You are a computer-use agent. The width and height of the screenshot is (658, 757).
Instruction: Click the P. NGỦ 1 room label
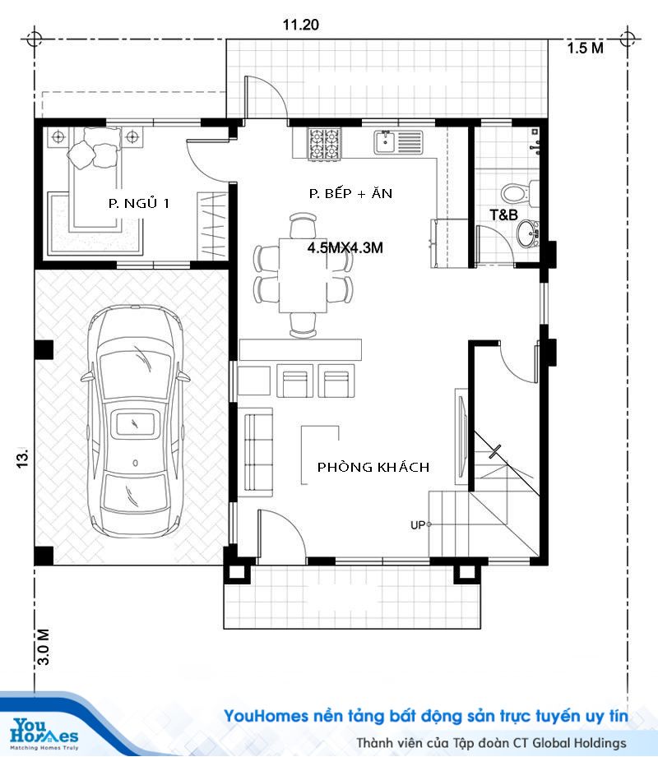pos(139,203)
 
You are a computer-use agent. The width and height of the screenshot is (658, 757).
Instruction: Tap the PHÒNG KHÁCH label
pos(373,467)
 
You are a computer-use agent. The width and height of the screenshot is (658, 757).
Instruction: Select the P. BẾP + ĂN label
pos(350,193)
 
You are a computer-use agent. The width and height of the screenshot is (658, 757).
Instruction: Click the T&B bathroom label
pos(503,215)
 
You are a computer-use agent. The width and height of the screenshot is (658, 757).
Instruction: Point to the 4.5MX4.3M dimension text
pos(345,247)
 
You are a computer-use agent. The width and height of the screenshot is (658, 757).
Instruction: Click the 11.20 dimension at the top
pos(300,25)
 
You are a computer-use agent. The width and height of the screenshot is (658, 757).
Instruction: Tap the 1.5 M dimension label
pos(585,48)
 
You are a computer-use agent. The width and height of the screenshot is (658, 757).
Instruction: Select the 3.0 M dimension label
pos(43,647)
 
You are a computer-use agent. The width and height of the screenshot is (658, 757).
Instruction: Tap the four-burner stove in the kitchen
pos(325,144)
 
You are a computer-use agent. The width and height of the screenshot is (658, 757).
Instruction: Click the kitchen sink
pos(398,142)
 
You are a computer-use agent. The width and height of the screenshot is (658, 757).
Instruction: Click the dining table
pos(304,275)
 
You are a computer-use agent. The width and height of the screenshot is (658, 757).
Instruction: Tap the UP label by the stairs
pos(417,524)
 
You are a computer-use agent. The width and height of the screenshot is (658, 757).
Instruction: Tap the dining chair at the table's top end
pos(304,225)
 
